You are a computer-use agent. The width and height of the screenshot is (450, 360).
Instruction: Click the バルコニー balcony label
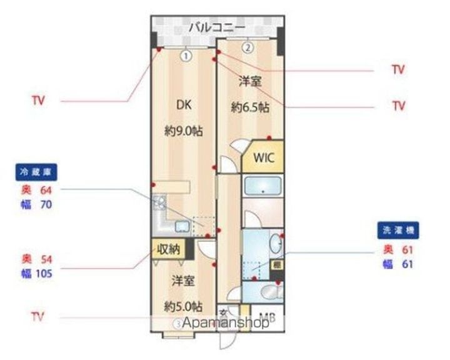pyautogui.click(x=217, y=27)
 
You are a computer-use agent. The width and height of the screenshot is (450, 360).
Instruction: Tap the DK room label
pyautogui.click(x=183, y=106)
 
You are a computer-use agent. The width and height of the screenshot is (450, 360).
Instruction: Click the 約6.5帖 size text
pyautogui.click(x=250, y=107)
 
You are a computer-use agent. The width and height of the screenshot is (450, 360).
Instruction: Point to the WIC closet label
pyautogui.click(x=263, y=158)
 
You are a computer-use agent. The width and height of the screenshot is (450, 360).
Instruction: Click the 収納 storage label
pyautogui.click(x=168, y=248)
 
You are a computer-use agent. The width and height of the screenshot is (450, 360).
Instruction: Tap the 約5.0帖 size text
pyautogui.click(x=183, y=306)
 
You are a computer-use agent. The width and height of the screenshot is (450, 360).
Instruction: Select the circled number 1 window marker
pyautogui.click(x=186, y=56)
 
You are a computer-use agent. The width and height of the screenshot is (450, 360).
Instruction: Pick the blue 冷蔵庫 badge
pyautogui.click(x=32, y=172)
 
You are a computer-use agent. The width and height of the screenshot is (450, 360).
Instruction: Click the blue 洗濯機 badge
pyautogui.click(x=397, y=231)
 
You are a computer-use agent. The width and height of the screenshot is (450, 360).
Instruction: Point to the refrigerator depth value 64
pyautogui.click(x=45, y=190)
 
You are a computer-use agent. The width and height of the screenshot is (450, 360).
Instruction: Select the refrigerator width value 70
pyautogui.click(x=45, y=204)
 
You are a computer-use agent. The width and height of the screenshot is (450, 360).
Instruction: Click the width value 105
pyautogui.click(x=44, y=272)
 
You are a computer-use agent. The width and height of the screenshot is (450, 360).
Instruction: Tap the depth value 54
pyautogui.click(x=45, y=259)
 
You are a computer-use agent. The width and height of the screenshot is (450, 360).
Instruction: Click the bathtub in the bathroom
pyautogui.click(x=262, y=186)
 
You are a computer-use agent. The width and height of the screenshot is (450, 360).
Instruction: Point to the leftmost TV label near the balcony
pyautogui.click(x=39, y=101)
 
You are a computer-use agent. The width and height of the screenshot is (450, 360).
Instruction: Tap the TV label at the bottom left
pyautogui.click(x=39, y=317)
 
